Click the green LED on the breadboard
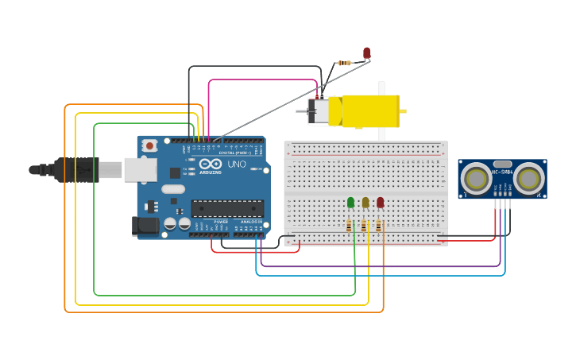350,203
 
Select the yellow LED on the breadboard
365,203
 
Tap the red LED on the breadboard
381,203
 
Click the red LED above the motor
367,53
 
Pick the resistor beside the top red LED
344,63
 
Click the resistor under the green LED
350,226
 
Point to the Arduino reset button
149,145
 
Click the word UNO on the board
237,165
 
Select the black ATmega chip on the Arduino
227,208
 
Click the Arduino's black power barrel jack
146,226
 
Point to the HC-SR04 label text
502,171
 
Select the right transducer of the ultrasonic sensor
528,179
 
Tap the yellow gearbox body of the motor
369,111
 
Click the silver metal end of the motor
318,111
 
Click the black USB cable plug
76,169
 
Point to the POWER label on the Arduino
220,222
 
